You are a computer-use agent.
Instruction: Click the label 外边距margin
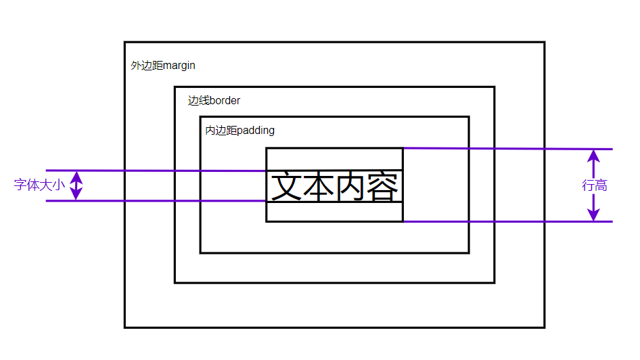pos(163,66)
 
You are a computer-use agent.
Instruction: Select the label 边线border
pos(214,101)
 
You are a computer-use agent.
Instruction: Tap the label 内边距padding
pos(240,131)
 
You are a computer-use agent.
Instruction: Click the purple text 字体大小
pos(39,185)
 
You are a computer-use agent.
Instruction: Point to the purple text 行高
pos(595,185)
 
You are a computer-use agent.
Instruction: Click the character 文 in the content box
pos(286,187)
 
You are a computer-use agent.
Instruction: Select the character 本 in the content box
pos(319,187)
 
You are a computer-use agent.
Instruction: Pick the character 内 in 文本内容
pos(351,187)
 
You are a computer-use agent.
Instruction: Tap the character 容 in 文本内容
pos(383,187)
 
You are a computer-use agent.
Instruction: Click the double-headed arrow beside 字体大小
pos(76,185)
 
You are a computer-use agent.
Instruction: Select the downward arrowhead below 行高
pos(594,213)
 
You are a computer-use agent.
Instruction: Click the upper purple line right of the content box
pos(507,149)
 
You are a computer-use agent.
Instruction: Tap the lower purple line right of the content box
pos(507,221)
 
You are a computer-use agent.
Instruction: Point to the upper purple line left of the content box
pos(156,171)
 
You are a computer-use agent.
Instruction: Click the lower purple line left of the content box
pos(156,201)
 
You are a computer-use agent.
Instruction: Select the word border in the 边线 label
pos(225,101)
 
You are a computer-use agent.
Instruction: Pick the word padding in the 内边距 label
pos(256,131)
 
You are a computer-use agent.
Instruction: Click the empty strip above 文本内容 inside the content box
pos(334,159)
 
